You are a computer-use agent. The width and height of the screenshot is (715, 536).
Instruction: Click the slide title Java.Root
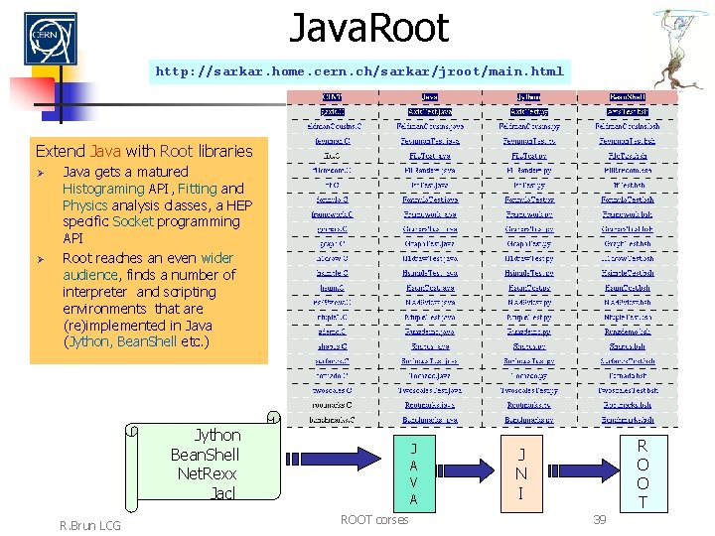tap(368, 28)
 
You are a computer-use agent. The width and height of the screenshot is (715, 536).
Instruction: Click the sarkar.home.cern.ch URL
tap(359, 71)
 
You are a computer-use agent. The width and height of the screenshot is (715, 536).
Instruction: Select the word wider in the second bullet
tap(216, 257)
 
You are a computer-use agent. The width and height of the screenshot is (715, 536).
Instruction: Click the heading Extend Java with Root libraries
tap(144, 151)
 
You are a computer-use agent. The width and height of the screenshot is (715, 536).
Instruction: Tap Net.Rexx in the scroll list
tap(206, 472)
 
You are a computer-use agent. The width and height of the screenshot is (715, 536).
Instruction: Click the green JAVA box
tap(413, 472)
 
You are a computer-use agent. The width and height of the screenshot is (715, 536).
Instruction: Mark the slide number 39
tap(599, 519)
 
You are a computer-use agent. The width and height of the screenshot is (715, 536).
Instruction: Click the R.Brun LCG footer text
tap(89, 524)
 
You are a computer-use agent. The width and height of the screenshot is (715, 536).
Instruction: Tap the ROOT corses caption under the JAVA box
tap(373, 519)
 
